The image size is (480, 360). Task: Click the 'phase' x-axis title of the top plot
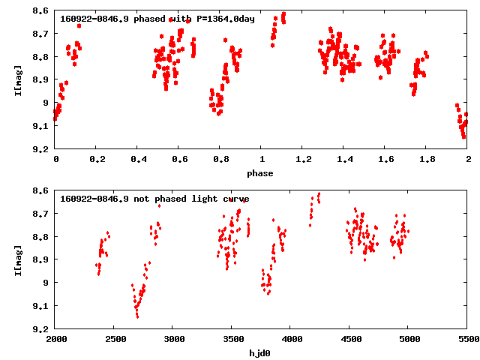pyautogui.click(x=262, y=173)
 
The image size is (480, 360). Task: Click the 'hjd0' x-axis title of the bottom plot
pyautogui.click(x=262, y=353)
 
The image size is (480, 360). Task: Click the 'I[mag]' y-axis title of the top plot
pyautogui.click(x=17, y=79)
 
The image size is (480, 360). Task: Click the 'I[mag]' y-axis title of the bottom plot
pyautogui.click(x=17, y=259)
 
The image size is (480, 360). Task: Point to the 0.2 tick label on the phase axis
pyautogui.click(x=97, y=160)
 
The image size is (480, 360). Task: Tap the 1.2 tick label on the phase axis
pyautogui.click(x=303, y=160)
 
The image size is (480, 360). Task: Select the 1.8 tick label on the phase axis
pyautogui.click(x=427, y=160)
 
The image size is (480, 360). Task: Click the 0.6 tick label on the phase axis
pyautogui.click(x=179, y=160)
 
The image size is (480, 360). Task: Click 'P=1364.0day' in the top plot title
pyautogui.click(x=223, y=19)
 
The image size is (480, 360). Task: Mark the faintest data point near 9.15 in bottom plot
pyautogui.click(x=137, y=316)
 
